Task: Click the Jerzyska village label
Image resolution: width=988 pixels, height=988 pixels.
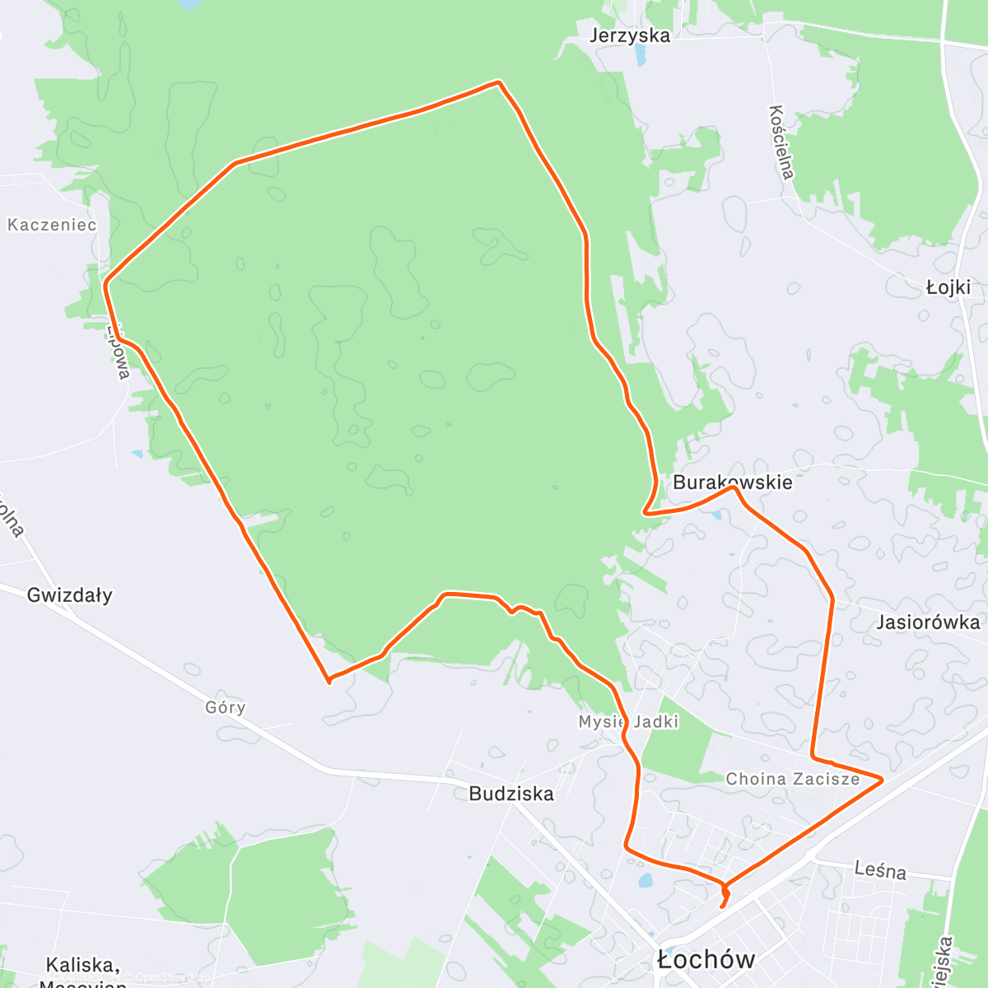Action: [630, 35]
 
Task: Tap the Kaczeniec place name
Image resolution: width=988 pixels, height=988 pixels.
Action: [52, 225]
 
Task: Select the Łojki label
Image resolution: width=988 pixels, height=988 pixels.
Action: [948, 287]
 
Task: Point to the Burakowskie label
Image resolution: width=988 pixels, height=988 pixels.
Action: [732, 482]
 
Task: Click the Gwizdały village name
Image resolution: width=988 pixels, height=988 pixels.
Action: [69, 595]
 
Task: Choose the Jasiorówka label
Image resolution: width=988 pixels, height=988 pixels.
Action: [928, 622]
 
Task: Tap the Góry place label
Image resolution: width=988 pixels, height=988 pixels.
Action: [225, 707]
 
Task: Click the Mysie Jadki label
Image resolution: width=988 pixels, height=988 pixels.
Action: [628, 722]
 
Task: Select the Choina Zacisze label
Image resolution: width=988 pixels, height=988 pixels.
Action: [792, 779]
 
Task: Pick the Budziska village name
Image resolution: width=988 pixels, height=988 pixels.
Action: [511, 794]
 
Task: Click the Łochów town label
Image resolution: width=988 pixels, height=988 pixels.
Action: [706, 959]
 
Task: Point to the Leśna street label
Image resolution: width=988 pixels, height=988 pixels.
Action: [880, 870]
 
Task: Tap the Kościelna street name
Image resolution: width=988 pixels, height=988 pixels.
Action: [781, 142]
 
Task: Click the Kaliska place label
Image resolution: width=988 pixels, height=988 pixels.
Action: [82, 966]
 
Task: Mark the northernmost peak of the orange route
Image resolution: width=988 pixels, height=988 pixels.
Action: [498, 82]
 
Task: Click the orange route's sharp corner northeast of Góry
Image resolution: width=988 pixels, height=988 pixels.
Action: [329, 681]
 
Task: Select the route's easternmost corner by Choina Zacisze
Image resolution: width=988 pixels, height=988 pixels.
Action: [882, 779]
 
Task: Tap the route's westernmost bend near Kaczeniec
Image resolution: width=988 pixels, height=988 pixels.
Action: [105, 285]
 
